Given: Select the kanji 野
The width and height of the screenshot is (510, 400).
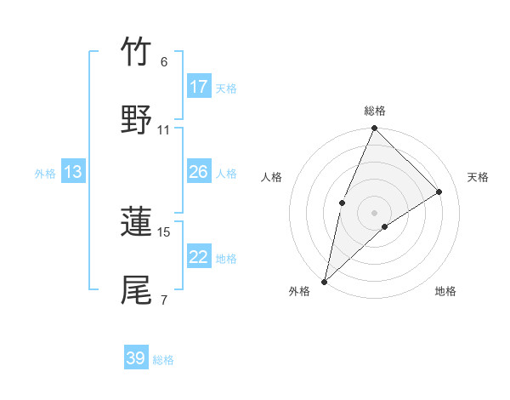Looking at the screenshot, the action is pos(136,119).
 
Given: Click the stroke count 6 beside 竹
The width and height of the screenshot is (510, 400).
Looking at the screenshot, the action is pos(164,62).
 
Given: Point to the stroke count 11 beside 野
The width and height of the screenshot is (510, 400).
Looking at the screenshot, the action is pos(164,130).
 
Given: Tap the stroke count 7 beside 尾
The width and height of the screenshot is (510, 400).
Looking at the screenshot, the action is pos(164,300).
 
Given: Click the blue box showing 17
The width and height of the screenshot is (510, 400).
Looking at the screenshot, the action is pos(199,87).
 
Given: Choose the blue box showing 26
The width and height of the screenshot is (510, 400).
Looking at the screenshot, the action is pos(199,172).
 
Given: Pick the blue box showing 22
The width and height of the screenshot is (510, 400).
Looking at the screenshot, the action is pos(199,257).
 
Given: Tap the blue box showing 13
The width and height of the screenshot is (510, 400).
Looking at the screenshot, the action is pos(73,172).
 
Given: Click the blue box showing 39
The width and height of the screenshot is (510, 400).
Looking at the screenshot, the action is pos(136,358).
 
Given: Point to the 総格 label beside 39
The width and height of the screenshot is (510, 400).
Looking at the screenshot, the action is pos(163,360).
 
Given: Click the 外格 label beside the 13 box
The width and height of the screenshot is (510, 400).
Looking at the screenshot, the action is pos(45,174).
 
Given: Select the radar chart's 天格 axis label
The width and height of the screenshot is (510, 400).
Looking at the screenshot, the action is pos(478,177).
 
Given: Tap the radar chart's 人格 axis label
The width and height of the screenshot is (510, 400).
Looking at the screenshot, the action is pos(271,177).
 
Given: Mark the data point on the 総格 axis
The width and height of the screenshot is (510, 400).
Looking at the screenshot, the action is pos(374,129).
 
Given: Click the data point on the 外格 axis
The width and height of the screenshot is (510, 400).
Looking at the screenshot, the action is pos(324,281).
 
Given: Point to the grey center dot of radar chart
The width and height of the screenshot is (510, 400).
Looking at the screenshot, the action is pos(374,212).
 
